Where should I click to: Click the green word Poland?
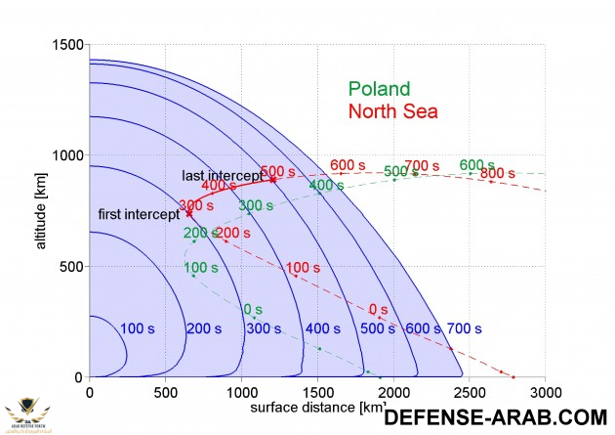click(379, 89)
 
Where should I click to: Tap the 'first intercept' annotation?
click(139, 214)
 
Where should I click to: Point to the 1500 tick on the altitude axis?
click(66, 45)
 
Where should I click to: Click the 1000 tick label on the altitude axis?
click(66, 155)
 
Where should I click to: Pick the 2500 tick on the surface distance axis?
click(469, 390)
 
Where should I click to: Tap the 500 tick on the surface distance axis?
click(165, 390)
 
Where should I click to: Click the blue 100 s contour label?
click(137, 328)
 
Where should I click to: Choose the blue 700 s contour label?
click(465, 328)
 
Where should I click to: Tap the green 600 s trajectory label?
click(476, 164)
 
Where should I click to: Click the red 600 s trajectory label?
click(348, 164)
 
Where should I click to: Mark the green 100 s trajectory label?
click(200, 267)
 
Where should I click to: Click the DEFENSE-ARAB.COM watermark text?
click(498, 416)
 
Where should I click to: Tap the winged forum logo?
click(29, 411)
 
